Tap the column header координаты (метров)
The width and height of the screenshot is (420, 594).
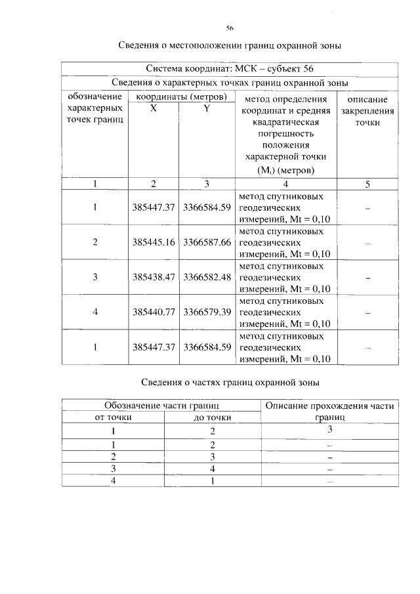[x=181, y=97]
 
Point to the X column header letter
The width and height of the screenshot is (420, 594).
[x=153, y=109]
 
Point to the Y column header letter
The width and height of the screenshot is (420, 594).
[x=206, y=109]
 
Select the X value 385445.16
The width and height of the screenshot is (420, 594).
[x=153, y=242]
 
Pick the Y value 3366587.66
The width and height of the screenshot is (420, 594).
[x=207, y=242]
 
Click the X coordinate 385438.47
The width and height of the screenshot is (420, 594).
[x=153, y=277]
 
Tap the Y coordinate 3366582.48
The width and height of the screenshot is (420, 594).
[x=207, y=277]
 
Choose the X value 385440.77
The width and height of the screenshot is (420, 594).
[x=153, y=312]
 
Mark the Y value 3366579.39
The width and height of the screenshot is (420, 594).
[x=207, y=312]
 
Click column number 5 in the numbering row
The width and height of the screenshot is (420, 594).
[x=367, y=184]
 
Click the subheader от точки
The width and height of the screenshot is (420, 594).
[x=114, y=417]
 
